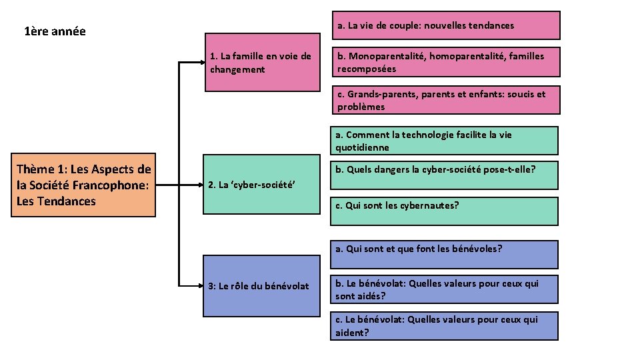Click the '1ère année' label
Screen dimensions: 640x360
point(55,31)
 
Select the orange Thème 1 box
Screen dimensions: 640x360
point(84,185)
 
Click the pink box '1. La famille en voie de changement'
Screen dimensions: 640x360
point(261,62)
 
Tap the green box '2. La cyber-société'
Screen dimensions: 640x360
point(261,185)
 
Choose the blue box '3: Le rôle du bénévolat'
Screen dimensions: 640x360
point(261,286)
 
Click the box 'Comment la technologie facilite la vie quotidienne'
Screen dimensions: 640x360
point(445,141)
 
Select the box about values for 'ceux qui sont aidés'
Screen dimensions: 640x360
point(445,290)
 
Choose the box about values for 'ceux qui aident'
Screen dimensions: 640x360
point(445,326)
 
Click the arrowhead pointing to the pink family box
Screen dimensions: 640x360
point(199,62)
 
